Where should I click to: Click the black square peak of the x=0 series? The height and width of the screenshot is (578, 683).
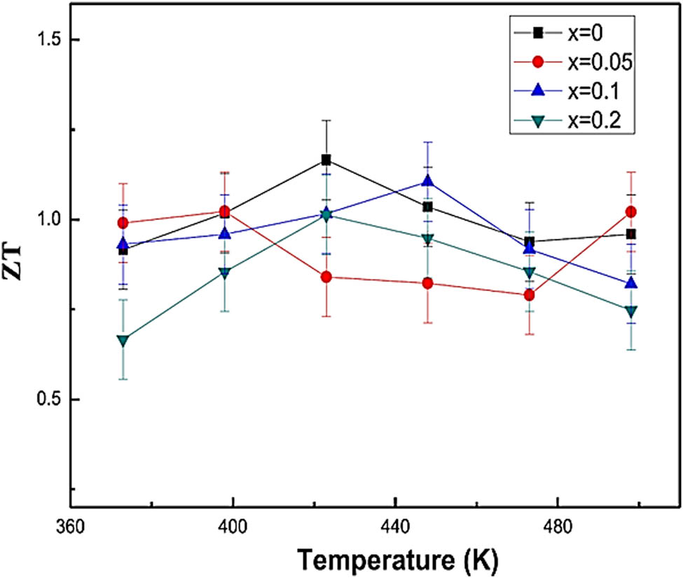326,160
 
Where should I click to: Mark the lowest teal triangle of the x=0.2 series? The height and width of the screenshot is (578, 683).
123,340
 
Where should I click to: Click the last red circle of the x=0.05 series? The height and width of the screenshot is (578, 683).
630,212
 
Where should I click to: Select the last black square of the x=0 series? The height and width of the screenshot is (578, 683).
630,234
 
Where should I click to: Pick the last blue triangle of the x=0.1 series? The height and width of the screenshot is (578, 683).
630,282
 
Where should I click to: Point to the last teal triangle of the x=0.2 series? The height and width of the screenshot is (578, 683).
630,311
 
